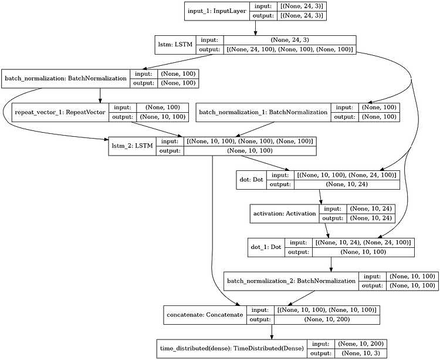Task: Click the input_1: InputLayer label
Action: tap(217, 11)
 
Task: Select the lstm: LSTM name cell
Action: tap(175, 45)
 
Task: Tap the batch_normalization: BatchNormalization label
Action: tap(66, 78)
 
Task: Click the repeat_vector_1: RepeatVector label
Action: tap(60, 112)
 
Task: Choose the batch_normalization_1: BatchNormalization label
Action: tap(263, 112)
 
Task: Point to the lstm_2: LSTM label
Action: tap(132, 146)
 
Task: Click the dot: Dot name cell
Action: tap(252, 180)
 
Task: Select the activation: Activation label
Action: tap(285, 213)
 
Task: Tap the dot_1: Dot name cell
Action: tap(266, 247)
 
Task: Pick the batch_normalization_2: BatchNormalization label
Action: tap(291, 281)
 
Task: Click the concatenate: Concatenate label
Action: tap(205, 315)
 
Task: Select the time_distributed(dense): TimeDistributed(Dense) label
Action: tap(232, 348)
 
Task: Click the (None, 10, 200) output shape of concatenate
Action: tap(327, 319)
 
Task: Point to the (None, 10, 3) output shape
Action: tap(361, 354)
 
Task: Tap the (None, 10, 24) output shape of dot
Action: tap(347, 184)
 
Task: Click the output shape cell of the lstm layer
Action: tap(290, 49)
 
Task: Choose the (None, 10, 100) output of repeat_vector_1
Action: tap(163, 117)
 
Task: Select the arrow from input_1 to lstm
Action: tap(255, 28)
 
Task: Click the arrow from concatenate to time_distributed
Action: tap(272, 332)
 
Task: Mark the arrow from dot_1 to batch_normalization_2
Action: tap(331, 264)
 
